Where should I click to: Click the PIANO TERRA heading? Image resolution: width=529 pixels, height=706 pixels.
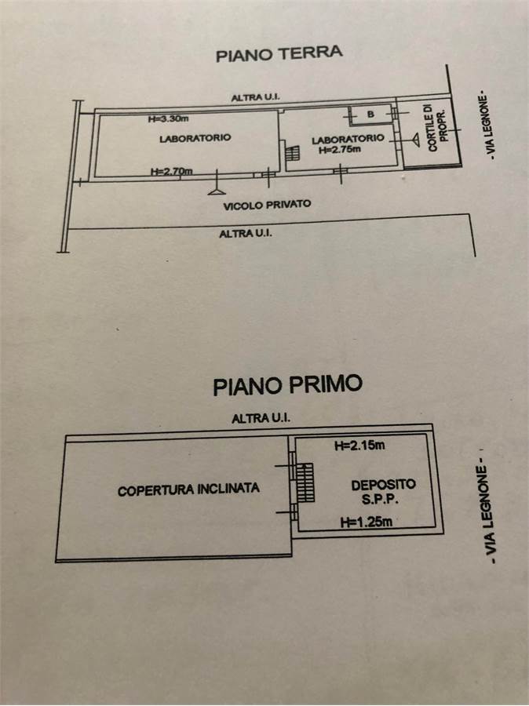279,54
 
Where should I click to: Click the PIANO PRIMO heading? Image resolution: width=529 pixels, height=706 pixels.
287,385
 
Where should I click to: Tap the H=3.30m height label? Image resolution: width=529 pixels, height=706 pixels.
168,119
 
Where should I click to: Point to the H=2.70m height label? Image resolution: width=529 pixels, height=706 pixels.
171,171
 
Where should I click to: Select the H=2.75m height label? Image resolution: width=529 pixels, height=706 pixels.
340,150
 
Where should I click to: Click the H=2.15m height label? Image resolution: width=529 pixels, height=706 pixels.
359,446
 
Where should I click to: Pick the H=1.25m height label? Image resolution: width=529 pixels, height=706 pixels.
367,522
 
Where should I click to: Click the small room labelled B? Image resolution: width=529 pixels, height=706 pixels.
371,115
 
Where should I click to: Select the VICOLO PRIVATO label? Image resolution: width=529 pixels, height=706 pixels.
267,206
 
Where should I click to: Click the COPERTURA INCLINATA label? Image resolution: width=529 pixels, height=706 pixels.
188,489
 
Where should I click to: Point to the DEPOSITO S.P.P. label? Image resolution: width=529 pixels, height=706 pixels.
383,492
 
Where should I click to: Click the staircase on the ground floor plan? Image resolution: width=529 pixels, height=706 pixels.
292,153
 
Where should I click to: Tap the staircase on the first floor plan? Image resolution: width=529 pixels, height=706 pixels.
305,482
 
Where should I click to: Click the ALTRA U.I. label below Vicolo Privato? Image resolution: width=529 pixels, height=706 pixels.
246,234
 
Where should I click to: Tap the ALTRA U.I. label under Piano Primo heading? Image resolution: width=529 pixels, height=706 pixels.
261,418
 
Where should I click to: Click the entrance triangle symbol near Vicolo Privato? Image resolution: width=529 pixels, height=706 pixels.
217,192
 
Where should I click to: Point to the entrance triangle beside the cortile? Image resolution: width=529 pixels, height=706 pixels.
415,140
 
